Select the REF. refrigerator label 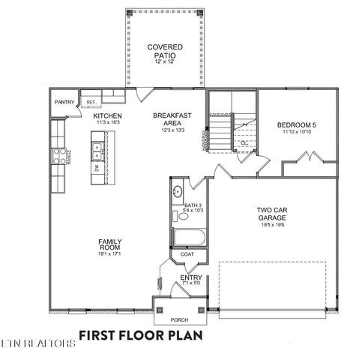point(91,101)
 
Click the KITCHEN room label point(108,117)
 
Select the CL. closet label point(244,142)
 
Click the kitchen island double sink point(97,150)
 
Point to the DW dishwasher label point(97,169)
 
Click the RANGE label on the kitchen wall point(68,157)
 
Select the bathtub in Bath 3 point(184,238)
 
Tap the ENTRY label point(190,279)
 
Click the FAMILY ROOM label point(110,245)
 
